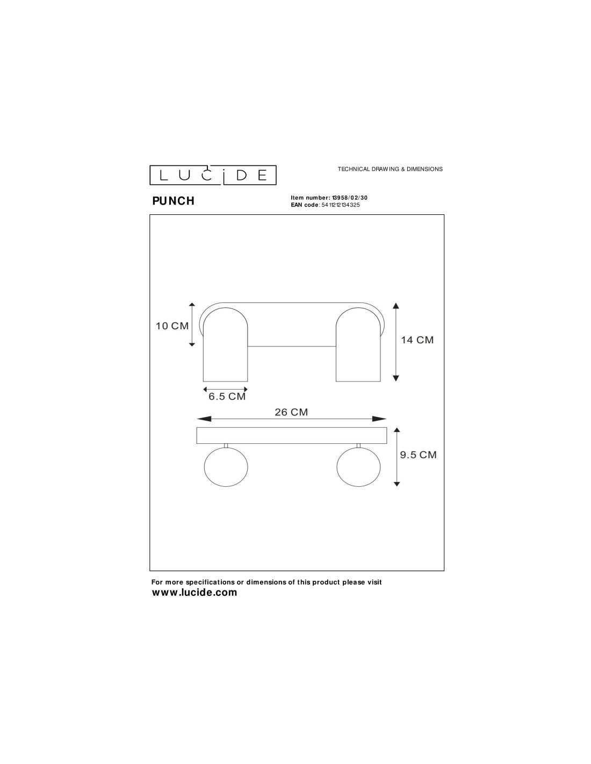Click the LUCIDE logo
pyautogui.click(x=213, y=175)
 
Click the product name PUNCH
pyautogui.click(x=173, y=201)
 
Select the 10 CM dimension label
pyautogui.click(x=172, y=326)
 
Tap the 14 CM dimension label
pyautogui.click(x=417, y=340)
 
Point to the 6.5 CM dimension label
pyautogui.click(x=227, y=397)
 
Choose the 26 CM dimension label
pyautogui.click(x=291, y=412)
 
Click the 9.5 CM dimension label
pyautogui.click(x=418, y=455)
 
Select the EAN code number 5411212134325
pyautogui.click(x=341, y=205)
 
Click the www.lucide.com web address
pyautogui.click(x=194, y=593)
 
